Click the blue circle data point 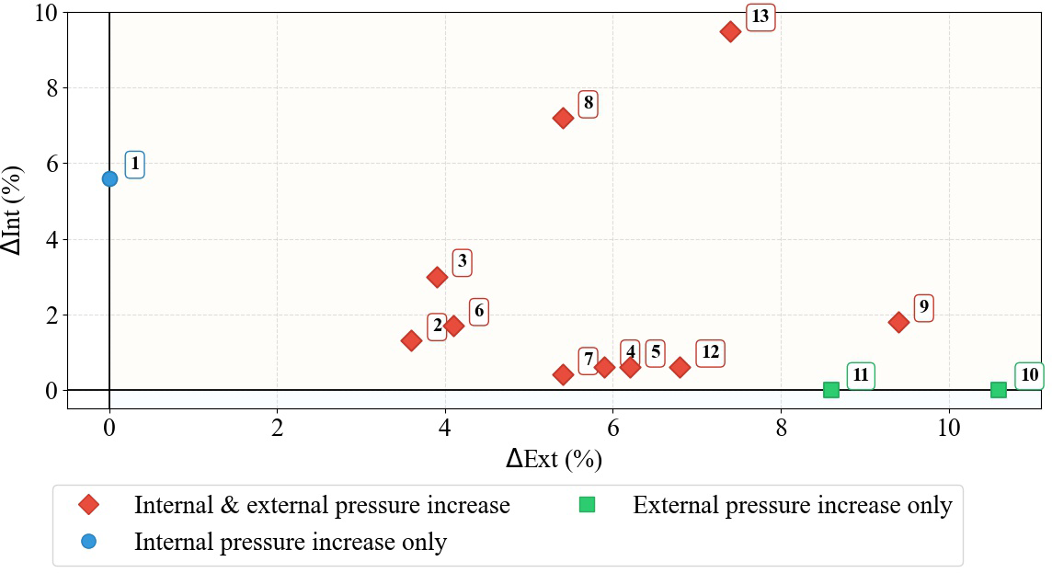(109, 178)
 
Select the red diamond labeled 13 (731, 31)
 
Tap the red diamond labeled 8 (563, 118)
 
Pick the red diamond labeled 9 (898, 322)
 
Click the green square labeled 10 (999, 390)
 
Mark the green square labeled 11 (831, 390)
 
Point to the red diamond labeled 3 (437, 277)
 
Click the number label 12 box (710, 352)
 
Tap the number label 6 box (478, 311)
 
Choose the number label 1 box (135, 165)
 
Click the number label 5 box (655, 351)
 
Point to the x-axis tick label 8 (782, 429)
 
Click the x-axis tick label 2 (278, 429)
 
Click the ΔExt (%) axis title (554, 459)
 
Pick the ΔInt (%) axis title (17, 211)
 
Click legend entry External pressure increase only (792, 505)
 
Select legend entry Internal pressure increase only (291, 542)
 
